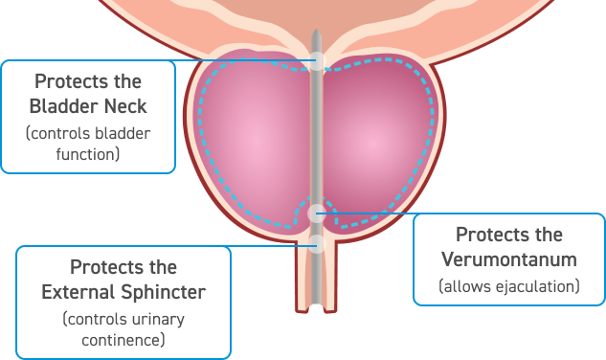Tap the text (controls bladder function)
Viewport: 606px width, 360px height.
88,143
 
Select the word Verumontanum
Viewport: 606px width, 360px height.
508,259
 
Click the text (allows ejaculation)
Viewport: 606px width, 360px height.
508,285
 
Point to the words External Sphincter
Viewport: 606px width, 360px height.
123,290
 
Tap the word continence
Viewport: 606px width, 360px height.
123,339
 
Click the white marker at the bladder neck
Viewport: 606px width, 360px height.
318,62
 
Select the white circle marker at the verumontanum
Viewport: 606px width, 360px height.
318,213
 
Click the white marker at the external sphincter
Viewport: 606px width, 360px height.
318,243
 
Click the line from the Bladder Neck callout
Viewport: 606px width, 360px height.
249,62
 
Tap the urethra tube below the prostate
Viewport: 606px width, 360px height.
318,287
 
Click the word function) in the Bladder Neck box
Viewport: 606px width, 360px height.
88,152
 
